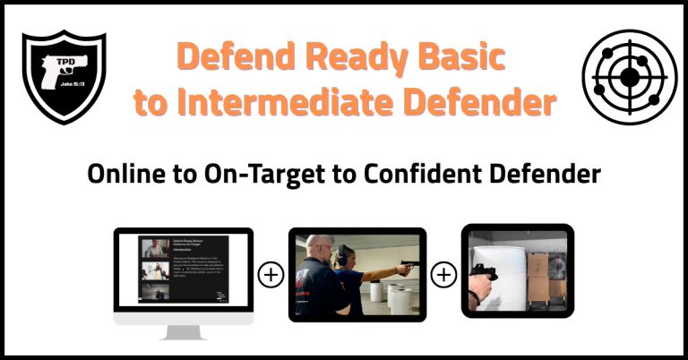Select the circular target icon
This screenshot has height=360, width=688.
click(x=629, y=77)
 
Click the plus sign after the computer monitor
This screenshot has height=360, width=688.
click(x=271, y=275)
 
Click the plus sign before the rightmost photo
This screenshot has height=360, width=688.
click(x=443, y=275)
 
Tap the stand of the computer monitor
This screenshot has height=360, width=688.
click(x=183, y=330)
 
